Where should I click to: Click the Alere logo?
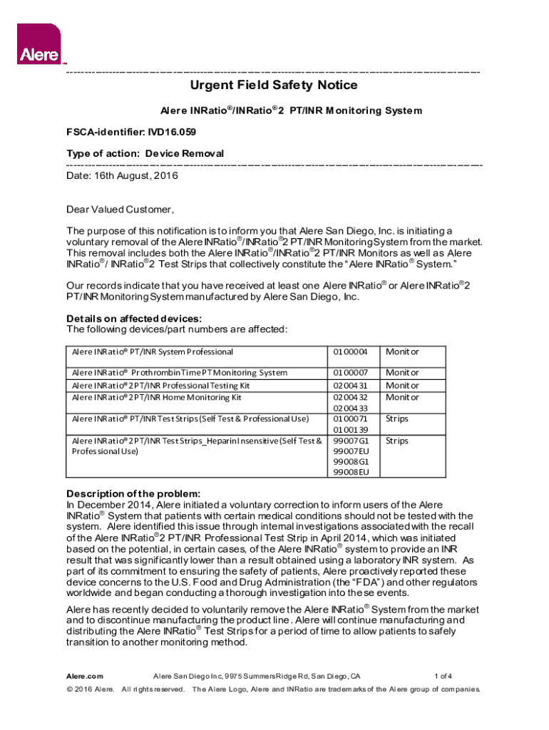[x=38, y=43]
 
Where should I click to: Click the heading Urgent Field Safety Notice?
[x=273, y=86]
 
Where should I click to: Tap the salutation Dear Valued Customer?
[x=120, y=210]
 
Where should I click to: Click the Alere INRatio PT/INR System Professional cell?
[x=153, y=351]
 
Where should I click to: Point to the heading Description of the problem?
[x=133, y=494]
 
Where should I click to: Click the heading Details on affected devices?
[x=133, y=318]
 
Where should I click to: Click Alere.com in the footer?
[x=85, y=676]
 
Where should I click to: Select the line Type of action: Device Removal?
[x=145, y=153]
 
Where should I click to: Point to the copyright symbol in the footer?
[x=70, y=689]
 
